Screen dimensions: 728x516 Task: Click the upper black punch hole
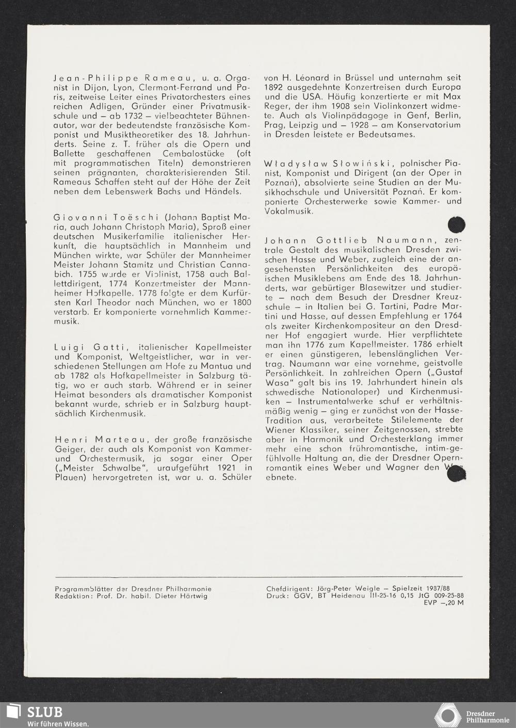pyautogui.click(x=457, y=225)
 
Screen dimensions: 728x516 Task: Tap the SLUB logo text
pyautogui.click(x=44, y=712)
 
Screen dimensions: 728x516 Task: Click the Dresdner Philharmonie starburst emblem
pyautogui.click(x=447, y=716)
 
